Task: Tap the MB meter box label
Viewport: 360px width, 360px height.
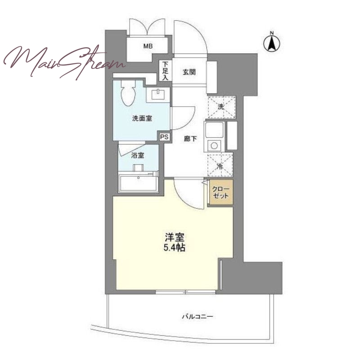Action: coord(148,46)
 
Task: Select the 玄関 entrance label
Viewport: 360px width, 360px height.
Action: coord(189,72)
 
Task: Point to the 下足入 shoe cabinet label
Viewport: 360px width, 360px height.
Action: coord(165,71)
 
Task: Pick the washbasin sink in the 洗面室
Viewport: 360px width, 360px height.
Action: coord(158,95)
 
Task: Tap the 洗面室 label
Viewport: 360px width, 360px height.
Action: coord(142,118)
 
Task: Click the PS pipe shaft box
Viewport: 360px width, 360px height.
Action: coord(164,137)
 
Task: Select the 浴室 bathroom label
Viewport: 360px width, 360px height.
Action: coord(138,155)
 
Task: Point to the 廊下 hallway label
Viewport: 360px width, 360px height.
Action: coord(190,139)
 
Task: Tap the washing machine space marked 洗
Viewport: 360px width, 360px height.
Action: coord(221,107)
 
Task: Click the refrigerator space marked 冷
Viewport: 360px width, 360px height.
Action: coord(220,166)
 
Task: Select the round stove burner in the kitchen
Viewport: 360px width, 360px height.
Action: coord(214,145)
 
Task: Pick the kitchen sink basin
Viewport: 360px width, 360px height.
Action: coord(215,130)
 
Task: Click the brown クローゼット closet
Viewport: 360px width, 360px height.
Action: coord(221,193)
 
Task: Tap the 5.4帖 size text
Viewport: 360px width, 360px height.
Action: coord(175,248)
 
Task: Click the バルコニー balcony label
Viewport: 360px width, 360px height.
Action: coord(198,317)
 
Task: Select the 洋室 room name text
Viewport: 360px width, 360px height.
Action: coord(175,238)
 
